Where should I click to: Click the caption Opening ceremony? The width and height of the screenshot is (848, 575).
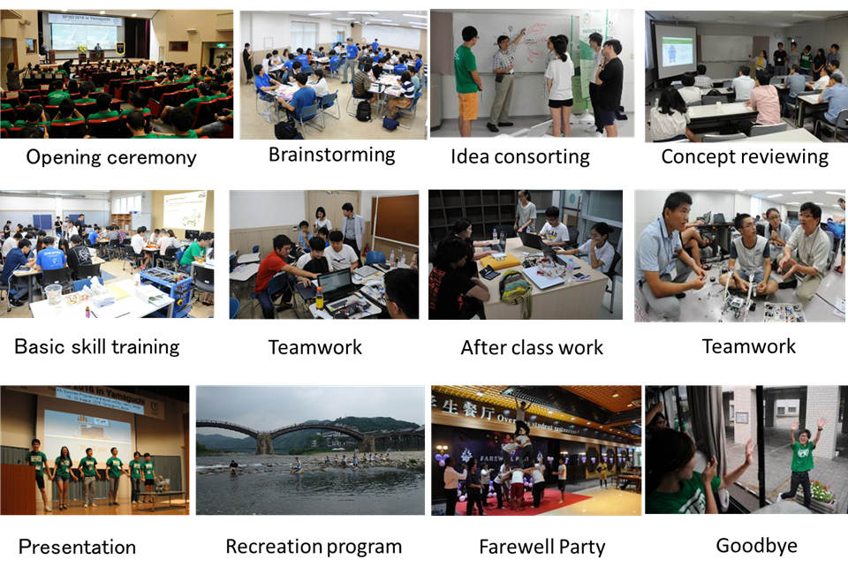tap(111, 157)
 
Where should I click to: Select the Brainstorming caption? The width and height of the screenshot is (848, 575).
tap(332, 155)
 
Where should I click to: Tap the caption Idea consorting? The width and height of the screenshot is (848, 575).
tap(520, 157)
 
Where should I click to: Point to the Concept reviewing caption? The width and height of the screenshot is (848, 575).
tap(745, 157)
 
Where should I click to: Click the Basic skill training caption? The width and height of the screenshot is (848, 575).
tap(97, 347)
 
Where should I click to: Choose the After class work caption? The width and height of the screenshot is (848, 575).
tap(532, 347)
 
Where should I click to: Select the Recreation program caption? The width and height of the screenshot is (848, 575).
tap(314, 547)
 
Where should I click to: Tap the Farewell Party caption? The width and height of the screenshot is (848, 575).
tap(542, 547)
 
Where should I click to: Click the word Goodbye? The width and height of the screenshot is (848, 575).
tap(757, 546)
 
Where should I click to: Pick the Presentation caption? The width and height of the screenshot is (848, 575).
tap(77, 547)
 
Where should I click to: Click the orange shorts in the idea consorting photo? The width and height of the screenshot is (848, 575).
tap(468, 106)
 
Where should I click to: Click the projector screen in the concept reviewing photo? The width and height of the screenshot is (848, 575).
tap(677, 52)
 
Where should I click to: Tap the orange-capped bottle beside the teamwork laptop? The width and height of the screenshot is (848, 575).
tap(320, 298)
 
